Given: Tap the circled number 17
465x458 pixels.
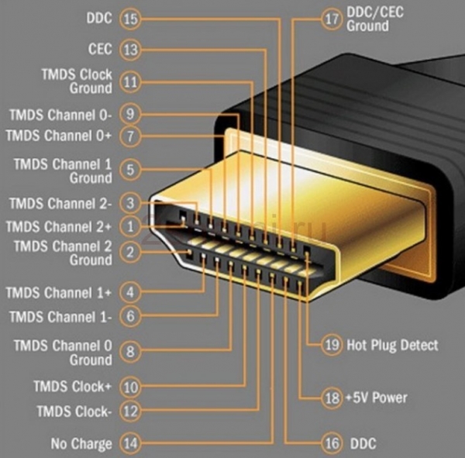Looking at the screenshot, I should (332, 19).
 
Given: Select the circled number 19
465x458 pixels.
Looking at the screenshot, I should (332, 346).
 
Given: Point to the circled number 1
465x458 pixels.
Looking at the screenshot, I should (130, 226).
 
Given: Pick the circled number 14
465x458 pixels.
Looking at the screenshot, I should (130, 444).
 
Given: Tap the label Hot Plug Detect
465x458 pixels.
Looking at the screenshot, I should (393, 346).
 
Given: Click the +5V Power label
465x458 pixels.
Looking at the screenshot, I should (377, 398).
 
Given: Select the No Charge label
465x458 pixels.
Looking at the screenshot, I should (81, 444).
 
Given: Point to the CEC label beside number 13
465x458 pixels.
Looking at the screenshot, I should (100, 49).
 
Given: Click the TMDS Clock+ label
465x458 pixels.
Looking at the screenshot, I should (72, 385).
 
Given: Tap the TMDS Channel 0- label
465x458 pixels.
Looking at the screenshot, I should (60, 114).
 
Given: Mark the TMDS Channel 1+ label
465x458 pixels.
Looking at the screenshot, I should (59, 293).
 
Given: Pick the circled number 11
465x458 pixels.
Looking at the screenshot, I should (130, 81).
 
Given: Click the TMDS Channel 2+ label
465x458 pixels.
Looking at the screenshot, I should (59, 226).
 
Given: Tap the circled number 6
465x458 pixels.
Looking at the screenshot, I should (130, 316).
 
